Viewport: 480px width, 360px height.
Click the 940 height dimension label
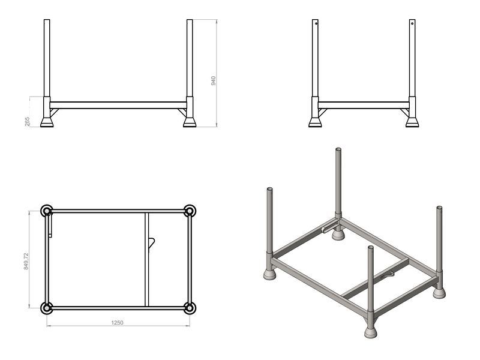[x=214, y=80]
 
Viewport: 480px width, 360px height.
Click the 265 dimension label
[x=27, y=121]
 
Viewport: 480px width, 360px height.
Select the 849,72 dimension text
[x=26, y=261]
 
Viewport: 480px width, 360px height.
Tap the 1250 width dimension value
[x=117, y=323]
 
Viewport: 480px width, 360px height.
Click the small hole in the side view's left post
[x=316, y=23]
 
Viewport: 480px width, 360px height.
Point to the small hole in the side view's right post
[x=412, y=23]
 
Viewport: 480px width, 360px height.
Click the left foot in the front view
[x=47, y=122]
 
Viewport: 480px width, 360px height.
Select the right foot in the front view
[x=190, y=122]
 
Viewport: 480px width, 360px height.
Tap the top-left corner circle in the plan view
[x=47, y=211]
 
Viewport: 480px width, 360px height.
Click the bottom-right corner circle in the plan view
[x=190, y=308]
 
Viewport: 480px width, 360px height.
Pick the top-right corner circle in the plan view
[x=190, y=211]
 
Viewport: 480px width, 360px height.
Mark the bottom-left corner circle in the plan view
[x=47, y=308]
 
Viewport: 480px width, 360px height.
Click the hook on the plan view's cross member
[x=152, y=244]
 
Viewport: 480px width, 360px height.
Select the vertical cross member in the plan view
[x=146, y=259]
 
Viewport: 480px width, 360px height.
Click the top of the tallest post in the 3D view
[x=338, y=149]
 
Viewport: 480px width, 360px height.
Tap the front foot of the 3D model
[x=370, y=332]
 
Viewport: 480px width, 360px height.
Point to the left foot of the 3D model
[x=269, y=274]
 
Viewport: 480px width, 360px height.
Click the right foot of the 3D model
[x=439, y=293]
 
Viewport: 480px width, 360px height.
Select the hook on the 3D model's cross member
[x=387, y=275]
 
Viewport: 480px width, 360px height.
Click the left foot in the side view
[x=315, y=122]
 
